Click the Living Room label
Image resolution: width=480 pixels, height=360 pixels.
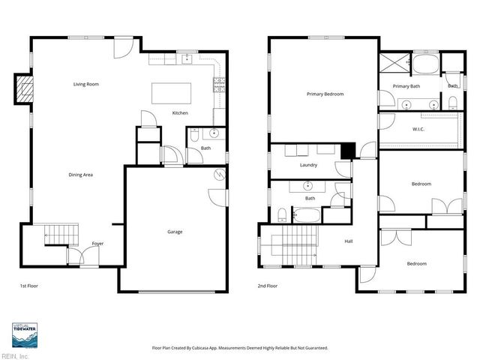[86, 84]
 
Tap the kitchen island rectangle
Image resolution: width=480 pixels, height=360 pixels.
[171, 93]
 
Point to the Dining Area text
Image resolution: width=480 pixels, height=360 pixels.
[80, 175]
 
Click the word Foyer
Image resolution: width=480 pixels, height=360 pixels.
[97, 244]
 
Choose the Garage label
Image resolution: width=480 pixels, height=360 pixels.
[175, 232]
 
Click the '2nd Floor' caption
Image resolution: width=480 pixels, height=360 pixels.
[268, 286]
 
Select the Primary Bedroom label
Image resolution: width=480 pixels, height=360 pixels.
[325, 94]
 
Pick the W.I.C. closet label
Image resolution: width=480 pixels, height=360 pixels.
[418, 128]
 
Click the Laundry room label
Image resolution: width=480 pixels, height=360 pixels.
[308, 165]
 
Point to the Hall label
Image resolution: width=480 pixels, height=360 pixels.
[348, 241]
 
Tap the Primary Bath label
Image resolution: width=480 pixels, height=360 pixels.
[406, 87]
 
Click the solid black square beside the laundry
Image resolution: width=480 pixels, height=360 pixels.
[347, 151]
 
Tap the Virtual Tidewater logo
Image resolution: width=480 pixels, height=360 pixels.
[25, 335]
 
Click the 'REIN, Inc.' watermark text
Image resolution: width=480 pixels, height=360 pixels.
[15, 355]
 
